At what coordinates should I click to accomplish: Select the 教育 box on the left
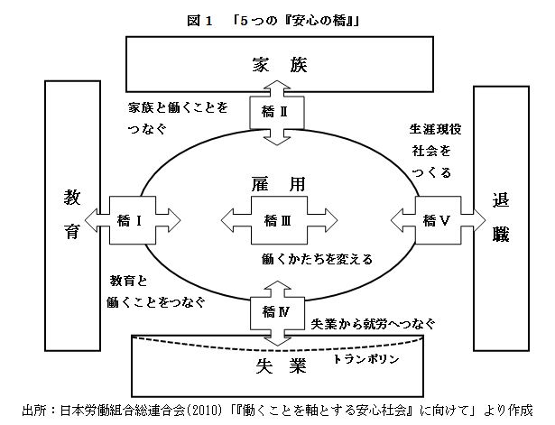click(72, 216)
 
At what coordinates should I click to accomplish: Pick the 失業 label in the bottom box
click(277, 366)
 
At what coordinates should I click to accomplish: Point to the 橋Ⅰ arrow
click(130, 218)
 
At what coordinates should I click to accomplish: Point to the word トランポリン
click(365, 358)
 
